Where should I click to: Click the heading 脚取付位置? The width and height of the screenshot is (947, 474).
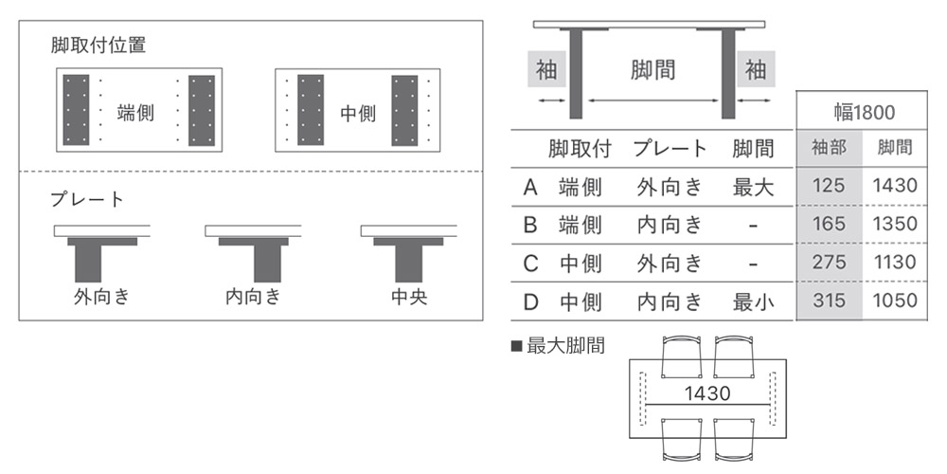click(98, 45)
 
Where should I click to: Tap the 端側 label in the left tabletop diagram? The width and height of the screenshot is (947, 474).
click(135, 112)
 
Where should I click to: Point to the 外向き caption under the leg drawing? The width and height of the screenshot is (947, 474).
click(101, 297)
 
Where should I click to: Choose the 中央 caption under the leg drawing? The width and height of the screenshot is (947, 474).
click(409, 297)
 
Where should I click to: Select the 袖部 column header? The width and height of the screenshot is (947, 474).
click(829, 148)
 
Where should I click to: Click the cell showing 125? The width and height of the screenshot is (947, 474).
click(829, 186)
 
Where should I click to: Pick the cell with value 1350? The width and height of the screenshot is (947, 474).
click(895, 225)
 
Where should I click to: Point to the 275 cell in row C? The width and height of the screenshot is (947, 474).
click(829, 263)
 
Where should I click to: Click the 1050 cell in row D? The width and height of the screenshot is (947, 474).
click(895, 301)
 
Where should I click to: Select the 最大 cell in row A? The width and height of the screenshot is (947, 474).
click(753, 187)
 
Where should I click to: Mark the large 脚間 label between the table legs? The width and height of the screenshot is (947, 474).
click(652, 69)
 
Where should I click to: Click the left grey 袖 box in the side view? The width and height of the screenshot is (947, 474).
click(546, 69)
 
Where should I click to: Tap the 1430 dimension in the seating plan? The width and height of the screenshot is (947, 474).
click(708, 392)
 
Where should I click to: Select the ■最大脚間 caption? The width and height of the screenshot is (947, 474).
click(558, 346)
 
